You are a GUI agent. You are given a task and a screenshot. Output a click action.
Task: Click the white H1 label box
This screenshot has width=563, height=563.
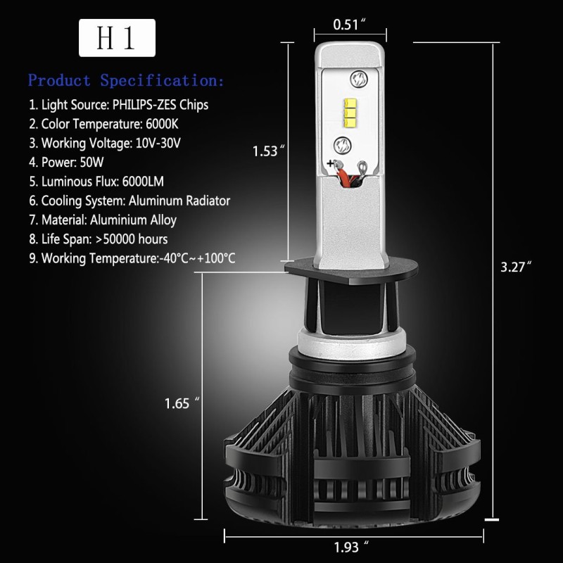[x=117, y=38]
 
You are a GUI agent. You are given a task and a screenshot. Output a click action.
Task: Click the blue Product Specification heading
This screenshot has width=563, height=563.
[x=126, y=80]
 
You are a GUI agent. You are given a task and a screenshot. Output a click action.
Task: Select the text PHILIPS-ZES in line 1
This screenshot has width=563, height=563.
[x=144, y=105]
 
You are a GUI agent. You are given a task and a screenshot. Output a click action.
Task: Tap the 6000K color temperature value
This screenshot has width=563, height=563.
[x=162, y=124]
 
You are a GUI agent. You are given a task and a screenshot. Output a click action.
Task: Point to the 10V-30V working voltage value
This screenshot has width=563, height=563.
[x=158, y=143]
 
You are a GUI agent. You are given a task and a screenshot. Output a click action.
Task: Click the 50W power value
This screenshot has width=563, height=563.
[x=91, y=163]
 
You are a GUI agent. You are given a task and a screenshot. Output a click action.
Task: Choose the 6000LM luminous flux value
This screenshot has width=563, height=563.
[x=143, y=182]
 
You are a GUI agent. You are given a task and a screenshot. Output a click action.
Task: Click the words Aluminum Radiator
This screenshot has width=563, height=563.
[x=179, y=201]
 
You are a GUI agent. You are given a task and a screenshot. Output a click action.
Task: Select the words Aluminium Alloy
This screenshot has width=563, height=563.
[x=133, y=220]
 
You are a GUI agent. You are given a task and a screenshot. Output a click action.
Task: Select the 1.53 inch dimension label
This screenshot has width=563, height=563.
[x=269, y=151]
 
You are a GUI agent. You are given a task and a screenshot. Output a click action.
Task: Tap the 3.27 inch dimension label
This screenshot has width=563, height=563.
[x=516, y=267]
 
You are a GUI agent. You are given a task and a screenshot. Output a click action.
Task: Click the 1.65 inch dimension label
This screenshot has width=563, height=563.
[x=182, y=403]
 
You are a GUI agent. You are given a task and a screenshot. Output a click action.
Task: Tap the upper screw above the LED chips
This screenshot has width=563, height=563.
[x=359, y=80]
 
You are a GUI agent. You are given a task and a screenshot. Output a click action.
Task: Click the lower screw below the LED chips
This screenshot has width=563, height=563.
[x=343, y=146]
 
